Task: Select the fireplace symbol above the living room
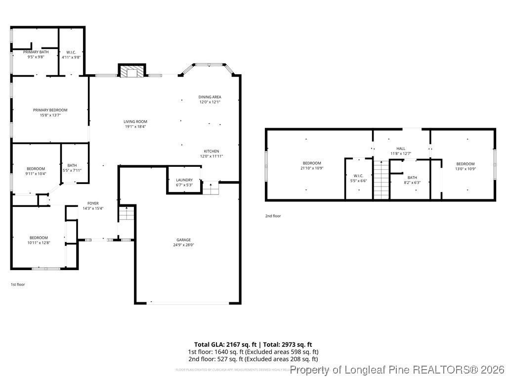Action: click(x=131, y=72)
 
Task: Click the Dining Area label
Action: click(x=210, y=97)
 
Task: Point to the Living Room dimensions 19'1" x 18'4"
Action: click(x=135, y=127)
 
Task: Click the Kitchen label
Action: click(x=211, y=151)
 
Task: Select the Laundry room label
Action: click(x=184, y=180)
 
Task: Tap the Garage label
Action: click(x=183, y=240)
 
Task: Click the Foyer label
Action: click(x=93, y=203)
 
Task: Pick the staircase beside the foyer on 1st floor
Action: click(x=127, y=215)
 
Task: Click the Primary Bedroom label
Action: click(x=50, y=110)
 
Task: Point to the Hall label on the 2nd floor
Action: click(x=400, y=148)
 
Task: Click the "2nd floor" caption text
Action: click(x=273, y=216)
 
